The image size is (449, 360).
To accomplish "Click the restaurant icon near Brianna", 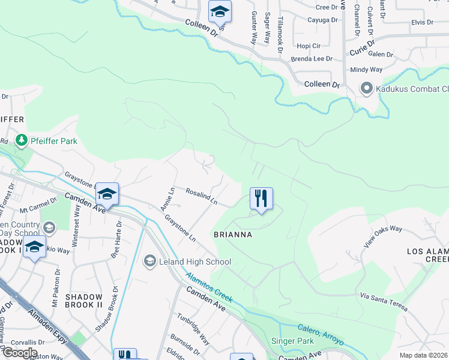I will coord(261,198).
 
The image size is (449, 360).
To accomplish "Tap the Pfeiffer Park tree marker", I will coord(22,140).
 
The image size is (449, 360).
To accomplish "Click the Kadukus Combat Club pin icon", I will coord(366,89).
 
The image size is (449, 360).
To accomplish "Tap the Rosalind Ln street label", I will coord(201,198).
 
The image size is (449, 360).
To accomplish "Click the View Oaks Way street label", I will coord(382,238).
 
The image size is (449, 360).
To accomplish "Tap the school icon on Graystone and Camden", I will coord(107,193).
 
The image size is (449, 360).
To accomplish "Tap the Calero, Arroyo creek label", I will coord(321,334).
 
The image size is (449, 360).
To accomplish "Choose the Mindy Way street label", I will coord(366,70).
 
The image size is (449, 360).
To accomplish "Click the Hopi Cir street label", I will coord(309,46).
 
